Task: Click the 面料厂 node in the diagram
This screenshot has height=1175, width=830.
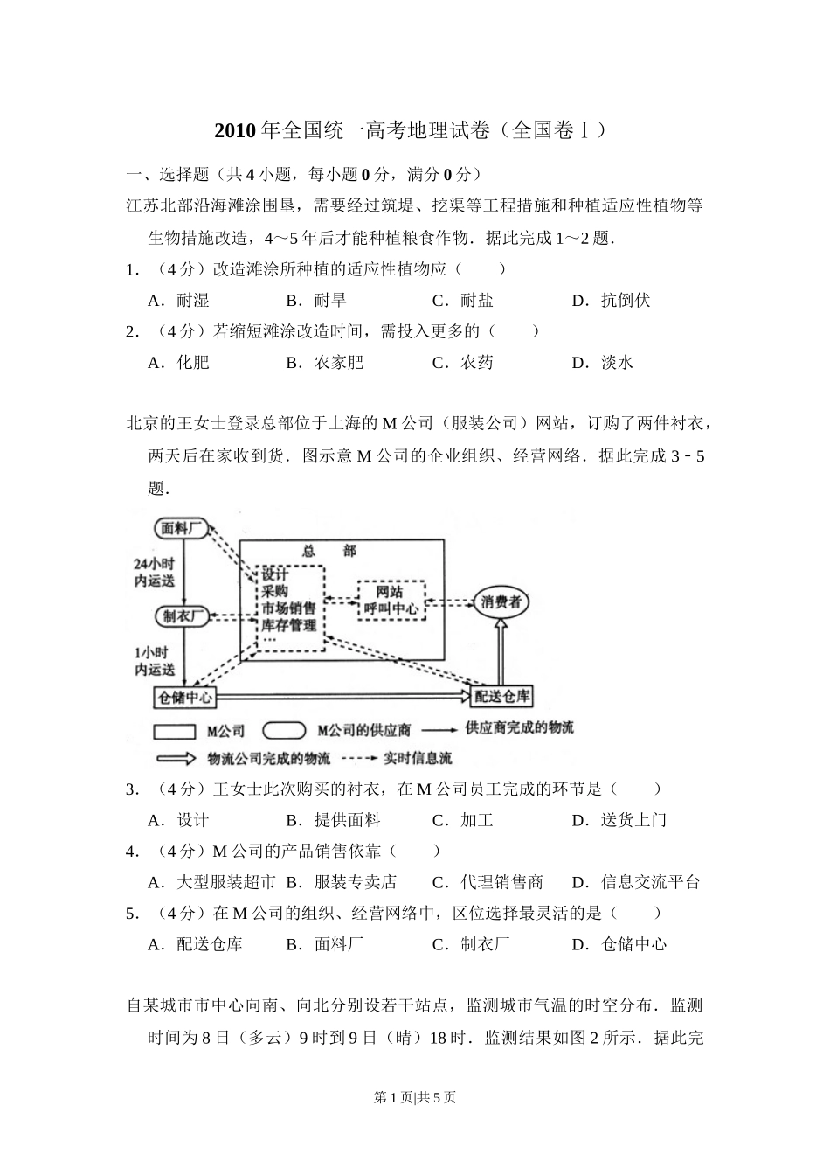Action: [x=182, y=528]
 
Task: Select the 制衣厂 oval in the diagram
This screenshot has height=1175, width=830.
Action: [x=183, y=616]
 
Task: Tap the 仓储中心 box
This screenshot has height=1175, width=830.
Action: [x=184, y=698]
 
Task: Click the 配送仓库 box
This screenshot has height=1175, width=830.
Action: [x=501, y=697]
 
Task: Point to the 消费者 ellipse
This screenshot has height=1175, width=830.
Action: [x=501, y=601]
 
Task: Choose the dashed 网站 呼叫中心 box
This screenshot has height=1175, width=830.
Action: [x=391, y=600]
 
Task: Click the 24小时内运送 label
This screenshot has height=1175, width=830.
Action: [x=154, y=573]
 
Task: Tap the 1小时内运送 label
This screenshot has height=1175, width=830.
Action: [x=154, y=661]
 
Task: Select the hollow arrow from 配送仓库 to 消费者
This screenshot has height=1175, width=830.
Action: [x=501, y=652]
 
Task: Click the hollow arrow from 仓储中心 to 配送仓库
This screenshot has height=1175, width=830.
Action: [x=343, y=697]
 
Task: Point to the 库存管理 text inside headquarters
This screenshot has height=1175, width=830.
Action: [x=289, y=625]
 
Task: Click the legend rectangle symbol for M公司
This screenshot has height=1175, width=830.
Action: [x=174, y=731]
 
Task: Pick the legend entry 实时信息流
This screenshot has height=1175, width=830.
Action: [x=418, y=758]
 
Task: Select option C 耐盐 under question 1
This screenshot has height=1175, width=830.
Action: [x=462, y=301]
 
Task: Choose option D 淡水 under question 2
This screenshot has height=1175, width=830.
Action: [x=603, y=363]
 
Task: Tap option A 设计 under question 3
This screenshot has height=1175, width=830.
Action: [x=178, y=820]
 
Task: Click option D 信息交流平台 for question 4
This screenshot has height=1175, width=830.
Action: [x=636, y=882]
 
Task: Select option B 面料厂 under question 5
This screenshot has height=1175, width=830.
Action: [x=324, y=944]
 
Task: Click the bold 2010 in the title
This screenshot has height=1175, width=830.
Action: [x=236, y=130]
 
